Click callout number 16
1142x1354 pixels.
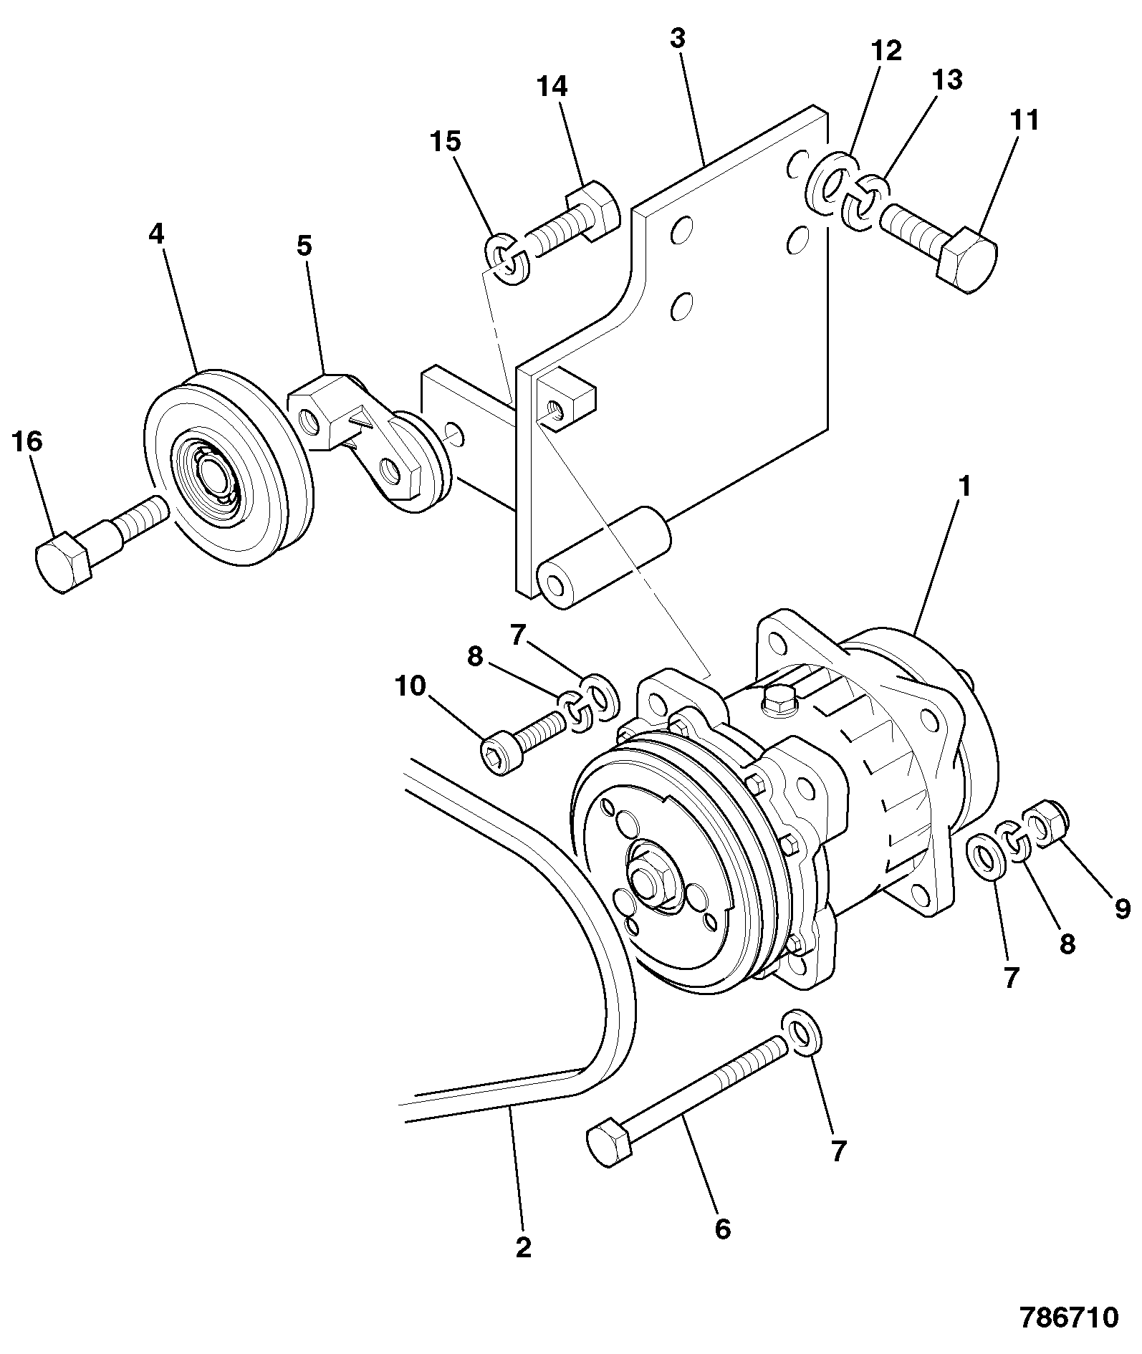[x=27, y=441]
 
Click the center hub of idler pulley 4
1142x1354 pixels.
[x=213, y=475]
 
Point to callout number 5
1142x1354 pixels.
[x=304, y=246]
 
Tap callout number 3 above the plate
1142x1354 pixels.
[x=677, y=38]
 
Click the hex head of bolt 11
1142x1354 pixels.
[x=966, y=259]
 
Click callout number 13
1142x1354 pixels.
[x=946, y=80]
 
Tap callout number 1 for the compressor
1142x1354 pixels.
[x=964, y=487]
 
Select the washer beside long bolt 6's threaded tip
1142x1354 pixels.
[x=802, y=1032]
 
